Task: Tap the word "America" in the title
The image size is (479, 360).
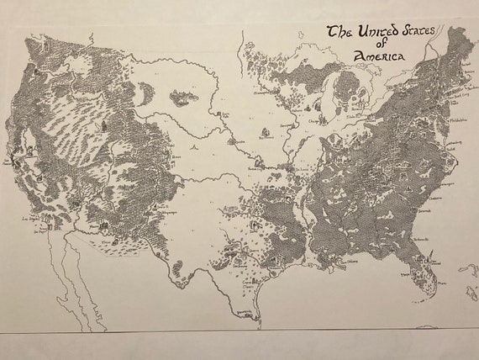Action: coord(376,56)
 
